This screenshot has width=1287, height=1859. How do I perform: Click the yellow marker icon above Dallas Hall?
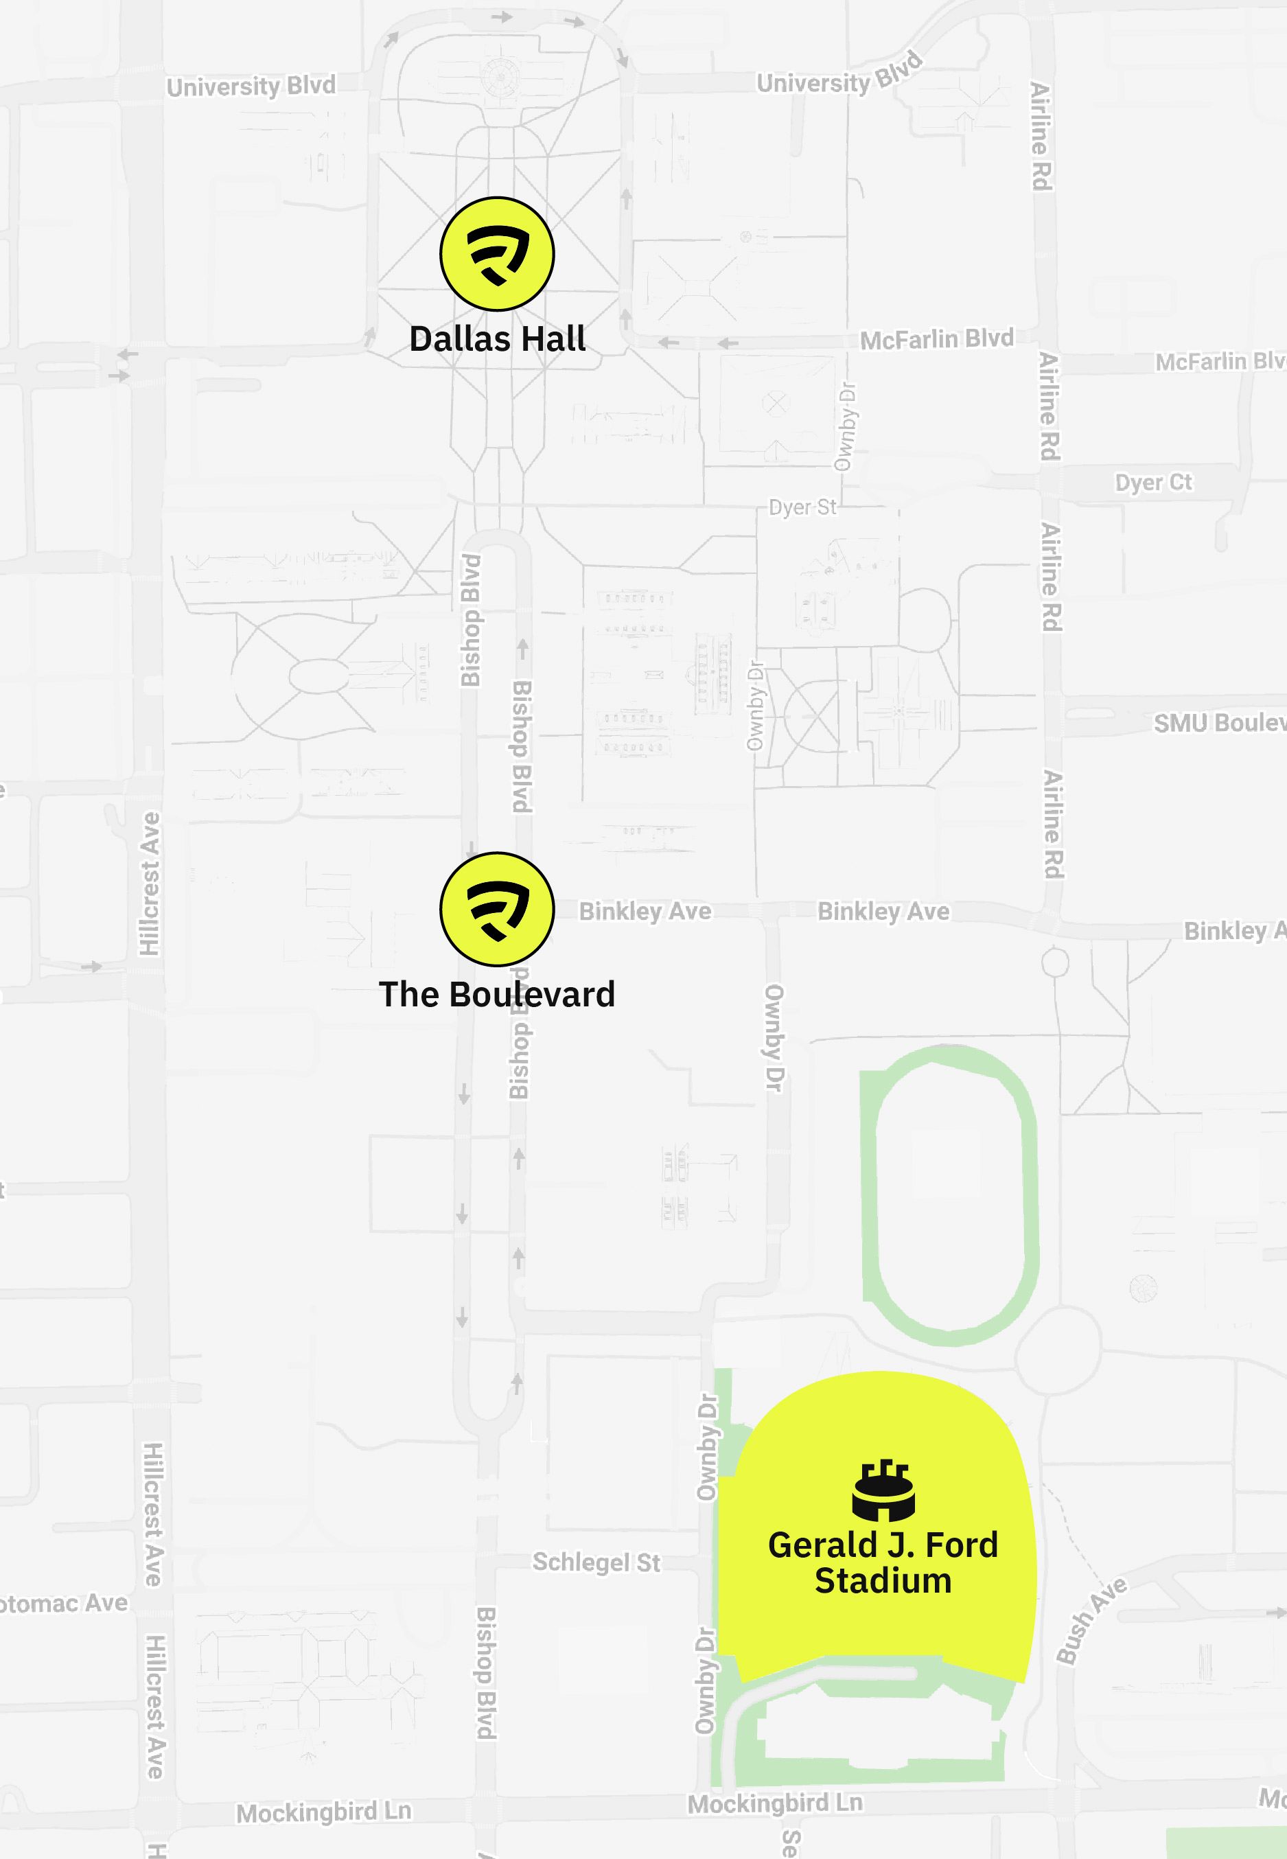(497, 254)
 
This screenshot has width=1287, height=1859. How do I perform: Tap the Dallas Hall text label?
(497, 338)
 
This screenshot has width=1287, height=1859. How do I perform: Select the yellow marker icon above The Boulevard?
(497, 909)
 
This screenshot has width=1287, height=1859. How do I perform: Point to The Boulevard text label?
(497, 995)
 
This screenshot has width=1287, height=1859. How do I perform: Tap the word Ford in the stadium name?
(961, 1545)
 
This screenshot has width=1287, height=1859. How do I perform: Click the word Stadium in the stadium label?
(883, 1581)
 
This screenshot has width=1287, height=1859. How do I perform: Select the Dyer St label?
(802, 507)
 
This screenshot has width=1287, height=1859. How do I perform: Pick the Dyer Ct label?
(1153, 483)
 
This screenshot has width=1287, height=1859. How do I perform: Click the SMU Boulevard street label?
(1218, 723)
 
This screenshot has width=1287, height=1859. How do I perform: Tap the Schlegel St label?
(596, 1562)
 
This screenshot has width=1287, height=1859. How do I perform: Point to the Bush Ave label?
(1092, 1621)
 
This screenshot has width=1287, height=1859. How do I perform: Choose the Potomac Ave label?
(65, 1604)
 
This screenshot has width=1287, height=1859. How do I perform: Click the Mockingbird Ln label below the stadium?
(774, 1803)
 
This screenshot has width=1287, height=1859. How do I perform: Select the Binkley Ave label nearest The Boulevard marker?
(645, 912)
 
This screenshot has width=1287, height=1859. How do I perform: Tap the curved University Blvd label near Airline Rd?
(839, 77)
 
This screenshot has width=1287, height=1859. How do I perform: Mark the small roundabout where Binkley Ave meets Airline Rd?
(1055, 962)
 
